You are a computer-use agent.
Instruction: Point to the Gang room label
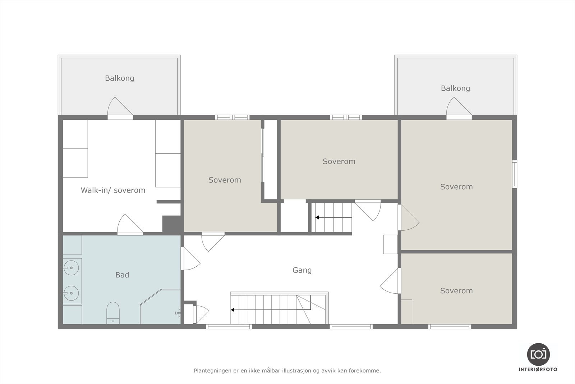click(x=302, y=270)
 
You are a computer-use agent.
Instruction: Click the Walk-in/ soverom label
click(x=113, y=190)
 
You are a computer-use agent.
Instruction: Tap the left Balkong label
click(x=119, y=78)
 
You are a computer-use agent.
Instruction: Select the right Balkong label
click(x=455, y=88)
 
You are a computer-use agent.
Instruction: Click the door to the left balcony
click(x=120, y=108)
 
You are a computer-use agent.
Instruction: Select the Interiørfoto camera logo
click(x=538, y=354)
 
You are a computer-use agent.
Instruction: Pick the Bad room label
click(x=122, y=275)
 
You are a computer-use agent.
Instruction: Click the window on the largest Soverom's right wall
click(x=515, y=174)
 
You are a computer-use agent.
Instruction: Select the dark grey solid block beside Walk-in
click(x=171, y=224)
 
